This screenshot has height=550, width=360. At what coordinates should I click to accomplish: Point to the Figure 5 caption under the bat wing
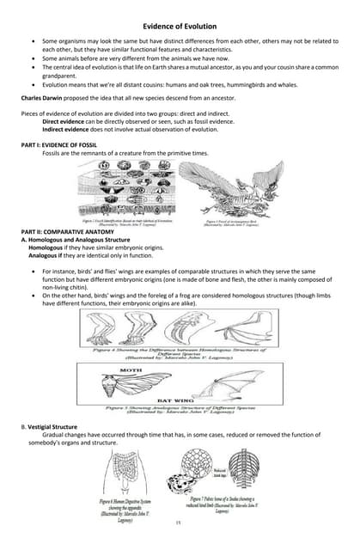point(180,410)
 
